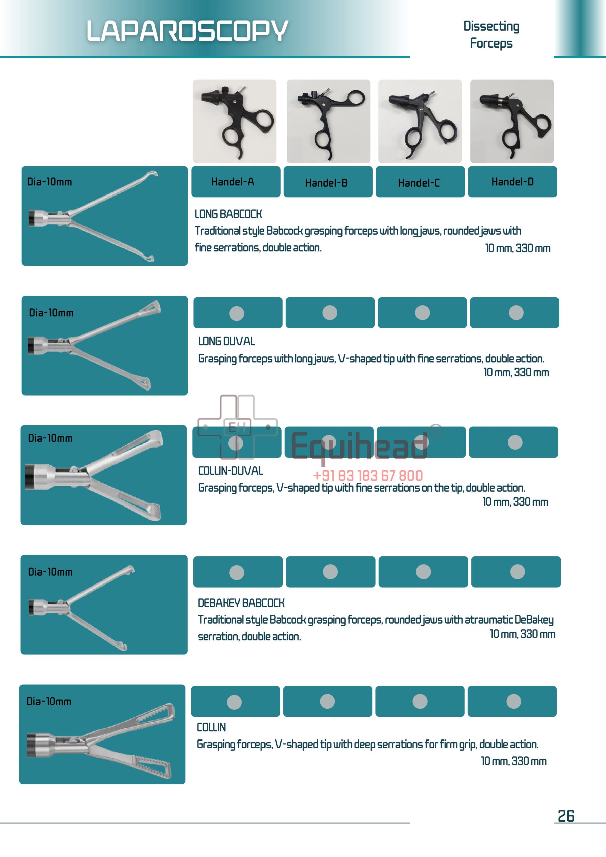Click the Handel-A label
coord(232,182)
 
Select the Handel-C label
coord(419,183)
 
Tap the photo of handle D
coord(512,121)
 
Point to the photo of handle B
coord(328,121)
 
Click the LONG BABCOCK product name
coord(228,214)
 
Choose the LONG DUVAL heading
coord(226,341)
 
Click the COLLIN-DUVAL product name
coord(230,471)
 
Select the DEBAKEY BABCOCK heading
coord(241,603)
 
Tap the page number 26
coord(566,816)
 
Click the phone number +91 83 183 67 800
coord(368,475)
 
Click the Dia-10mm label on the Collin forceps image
coord(49,701)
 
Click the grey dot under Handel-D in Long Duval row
coord(516,312)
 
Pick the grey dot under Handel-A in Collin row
coord(234,702)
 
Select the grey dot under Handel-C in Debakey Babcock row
coord(423,572)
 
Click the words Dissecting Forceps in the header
coord(491,34)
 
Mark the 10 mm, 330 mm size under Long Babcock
coord(518,248)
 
